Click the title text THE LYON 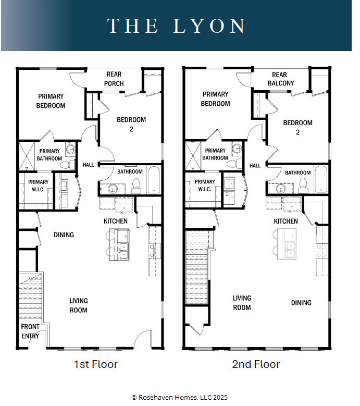click(177, 26)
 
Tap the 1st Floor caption click(95, 364)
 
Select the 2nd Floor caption click(256, 364)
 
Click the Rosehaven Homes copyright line click(180, 397)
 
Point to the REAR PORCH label click(114, 79)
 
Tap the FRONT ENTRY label click(30, 331)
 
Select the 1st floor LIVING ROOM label click(79, 305)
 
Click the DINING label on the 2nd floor click(301, 303)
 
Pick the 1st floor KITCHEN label click(116, 222)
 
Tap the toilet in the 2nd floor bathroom click(303, 183)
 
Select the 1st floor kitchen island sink click(123, 251)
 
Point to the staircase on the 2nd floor click(197, 268)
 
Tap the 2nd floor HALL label click(255, 166)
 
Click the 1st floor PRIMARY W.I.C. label click(39, 186)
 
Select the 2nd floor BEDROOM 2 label click(297, 128)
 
